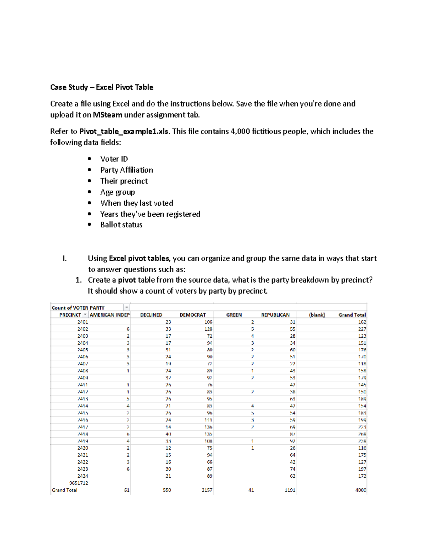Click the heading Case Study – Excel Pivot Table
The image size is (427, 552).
pos(102,87)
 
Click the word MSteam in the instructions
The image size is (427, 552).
pos(107,115)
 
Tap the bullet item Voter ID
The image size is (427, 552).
pos(114,159)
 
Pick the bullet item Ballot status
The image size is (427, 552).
pos(121,225)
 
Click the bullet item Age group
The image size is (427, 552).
pos(117,192)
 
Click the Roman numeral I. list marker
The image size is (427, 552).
pos(64,258)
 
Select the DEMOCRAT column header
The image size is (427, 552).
pos(193,315)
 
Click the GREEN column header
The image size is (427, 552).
pos(234,315)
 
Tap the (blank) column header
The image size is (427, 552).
pos(317,315)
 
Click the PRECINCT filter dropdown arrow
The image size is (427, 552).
pos(85,315)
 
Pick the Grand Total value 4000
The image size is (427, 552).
pos(360,490)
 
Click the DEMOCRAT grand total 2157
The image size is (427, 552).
pos(207,490)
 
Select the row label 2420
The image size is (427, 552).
pos(83,448)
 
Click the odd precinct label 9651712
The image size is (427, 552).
pos(79,483)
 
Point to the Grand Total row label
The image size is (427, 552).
pos(64,490)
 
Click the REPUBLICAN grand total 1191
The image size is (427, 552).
pos(290,490)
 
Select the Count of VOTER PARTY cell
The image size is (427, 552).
pos(78,308)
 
